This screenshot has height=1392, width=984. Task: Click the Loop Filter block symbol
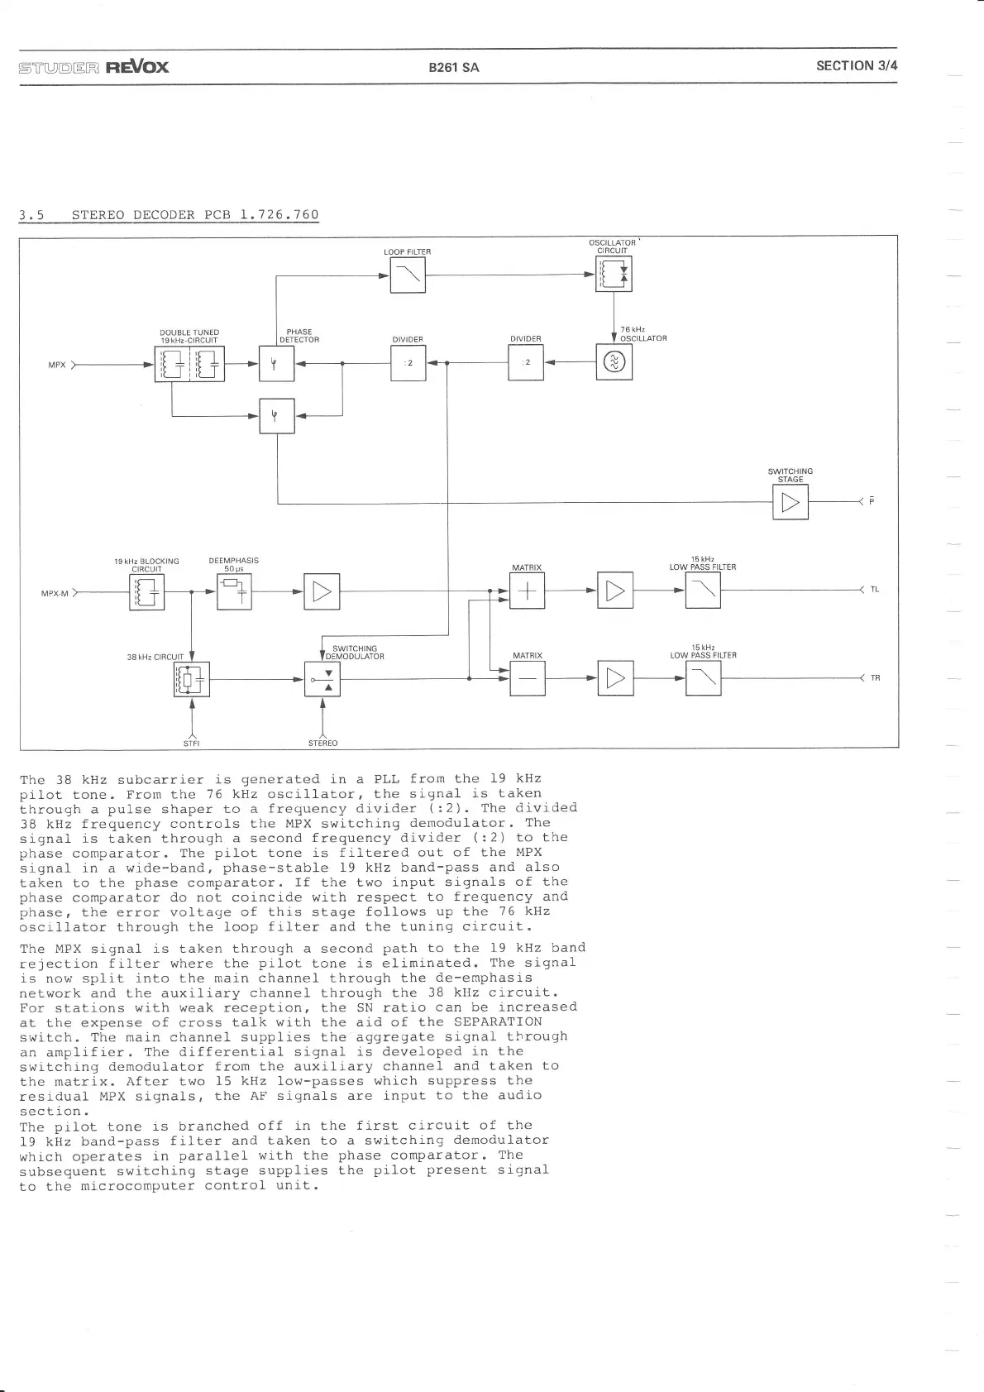(408, 275)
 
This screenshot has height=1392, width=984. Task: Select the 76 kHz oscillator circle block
(614, 362)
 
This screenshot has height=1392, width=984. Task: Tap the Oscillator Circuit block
(614, 274)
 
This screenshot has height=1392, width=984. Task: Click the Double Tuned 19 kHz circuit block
(189, 363)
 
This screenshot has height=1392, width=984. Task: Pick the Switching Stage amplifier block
(790, 501)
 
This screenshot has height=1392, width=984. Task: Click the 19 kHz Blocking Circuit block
(147, 591)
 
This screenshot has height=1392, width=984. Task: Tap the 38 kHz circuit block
(192, 679)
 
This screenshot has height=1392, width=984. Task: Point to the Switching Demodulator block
(322, 679)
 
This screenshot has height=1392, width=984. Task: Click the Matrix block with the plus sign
(528, 591)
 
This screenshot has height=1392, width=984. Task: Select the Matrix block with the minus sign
(528, 679)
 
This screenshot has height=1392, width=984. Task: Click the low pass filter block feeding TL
(703, 591)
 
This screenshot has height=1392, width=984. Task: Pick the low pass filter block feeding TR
(703, 679)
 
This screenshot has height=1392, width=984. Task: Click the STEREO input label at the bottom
(322, 743)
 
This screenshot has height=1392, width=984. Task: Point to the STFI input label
(192, 743)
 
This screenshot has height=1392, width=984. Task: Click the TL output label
(874, 590)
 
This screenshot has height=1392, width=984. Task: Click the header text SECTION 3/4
(856, 66)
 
